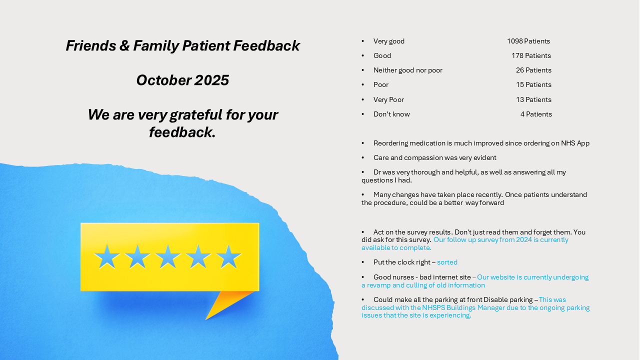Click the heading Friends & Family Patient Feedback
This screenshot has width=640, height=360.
pos(182,46)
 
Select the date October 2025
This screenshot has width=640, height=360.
pos(182,80)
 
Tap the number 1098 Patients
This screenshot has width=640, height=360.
pos(528,41)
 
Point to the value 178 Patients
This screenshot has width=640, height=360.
pos(531,56)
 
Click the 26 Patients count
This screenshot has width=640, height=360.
pos(533,70)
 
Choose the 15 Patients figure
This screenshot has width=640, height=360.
pos(533,85)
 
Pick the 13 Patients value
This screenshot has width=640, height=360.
pos(533,100)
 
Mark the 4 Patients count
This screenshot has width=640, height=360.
pos(536,114)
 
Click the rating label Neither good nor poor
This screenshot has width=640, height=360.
pos(407,70)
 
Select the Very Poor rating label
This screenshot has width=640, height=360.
pos(388,100)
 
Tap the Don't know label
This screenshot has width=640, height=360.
pos(391,114)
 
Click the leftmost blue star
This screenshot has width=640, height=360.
pos(107,257)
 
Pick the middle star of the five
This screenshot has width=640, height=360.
pos(168,257)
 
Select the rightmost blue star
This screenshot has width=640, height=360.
pos(229,257)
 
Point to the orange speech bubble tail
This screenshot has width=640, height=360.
pos(225,302)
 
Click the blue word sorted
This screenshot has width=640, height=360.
pos(447,262)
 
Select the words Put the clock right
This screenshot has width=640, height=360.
pos(401,262)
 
